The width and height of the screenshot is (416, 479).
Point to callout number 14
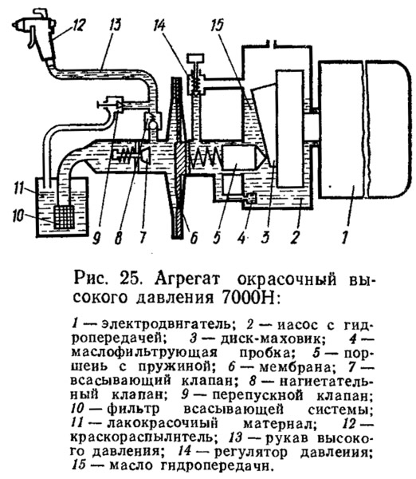pos(160,25)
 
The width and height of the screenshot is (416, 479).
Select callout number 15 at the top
pos(217,25)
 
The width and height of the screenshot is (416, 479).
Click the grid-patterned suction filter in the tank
pos(64,217)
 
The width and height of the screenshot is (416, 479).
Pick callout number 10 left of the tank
pos(18,216)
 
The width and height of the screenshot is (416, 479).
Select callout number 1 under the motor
pos(345,237)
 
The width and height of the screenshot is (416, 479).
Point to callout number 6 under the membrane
pos(194,237)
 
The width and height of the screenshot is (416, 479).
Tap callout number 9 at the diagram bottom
pos(96,237)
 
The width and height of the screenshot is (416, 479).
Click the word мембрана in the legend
pos(295,366)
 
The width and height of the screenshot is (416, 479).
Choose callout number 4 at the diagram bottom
pos(241,237)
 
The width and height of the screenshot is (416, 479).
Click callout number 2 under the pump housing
pos(295,237)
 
